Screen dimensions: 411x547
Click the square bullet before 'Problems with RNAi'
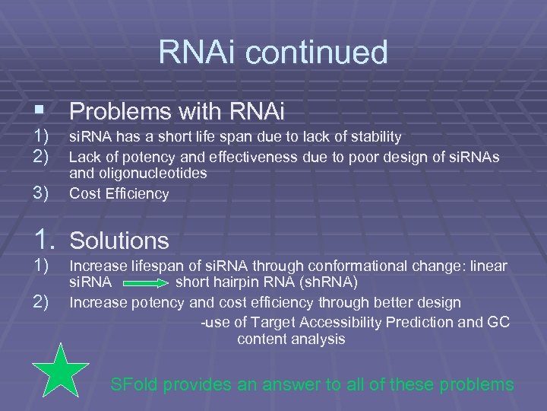37,113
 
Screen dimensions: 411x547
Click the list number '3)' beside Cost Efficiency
40,193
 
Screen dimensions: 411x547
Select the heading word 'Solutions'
119,241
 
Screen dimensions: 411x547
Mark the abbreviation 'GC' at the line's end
498,322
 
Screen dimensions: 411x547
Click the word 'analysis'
318,339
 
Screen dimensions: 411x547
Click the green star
64,374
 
